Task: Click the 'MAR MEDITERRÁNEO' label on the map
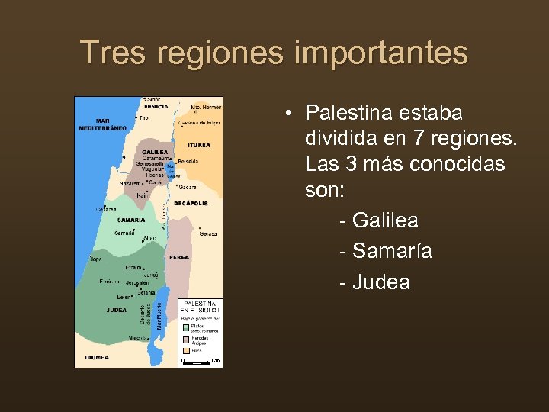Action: tap(101, 124)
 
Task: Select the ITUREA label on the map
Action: tap(198, 145)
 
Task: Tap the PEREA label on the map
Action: tap(181, 257)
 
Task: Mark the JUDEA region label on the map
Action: tap(117, 310)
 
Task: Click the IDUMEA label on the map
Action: tap(98, 356)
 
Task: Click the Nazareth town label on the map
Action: tap(130, 184)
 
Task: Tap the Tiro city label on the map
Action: tap(143, 117)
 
